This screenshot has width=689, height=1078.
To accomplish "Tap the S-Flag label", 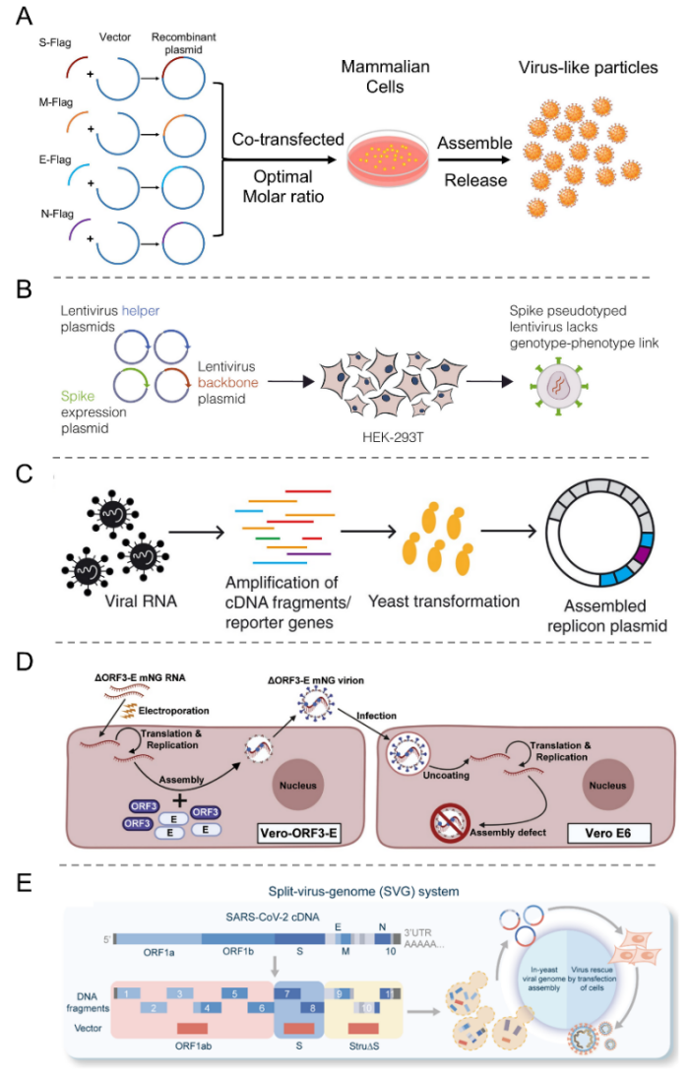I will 55,42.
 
